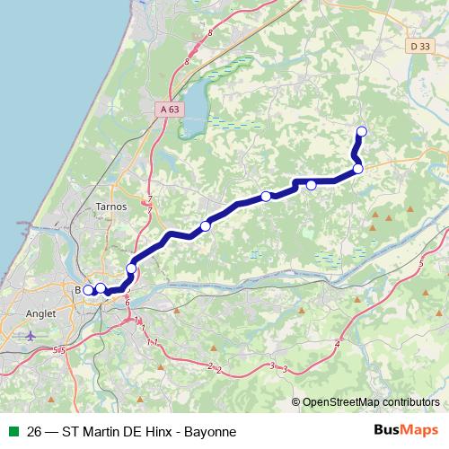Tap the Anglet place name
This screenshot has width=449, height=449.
point(42,314)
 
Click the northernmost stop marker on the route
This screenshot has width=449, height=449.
point(362,132)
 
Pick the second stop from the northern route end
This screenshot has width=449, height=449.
point(357,168)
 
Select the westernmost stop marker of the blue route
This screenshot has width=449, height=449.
point(88,289)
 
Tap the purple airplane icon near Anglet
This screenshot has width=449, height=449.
point(32,335)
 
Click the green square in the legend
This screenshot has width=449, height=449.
point(13,432)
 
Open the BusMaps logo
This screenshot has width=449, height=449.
point(406,431)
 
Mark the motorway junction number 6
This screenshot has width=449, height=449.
point(128,303)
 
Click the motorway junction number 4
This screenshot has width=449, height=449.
point(338,341)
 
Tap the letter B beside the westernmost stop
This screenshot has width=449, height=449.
point(78,289)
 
